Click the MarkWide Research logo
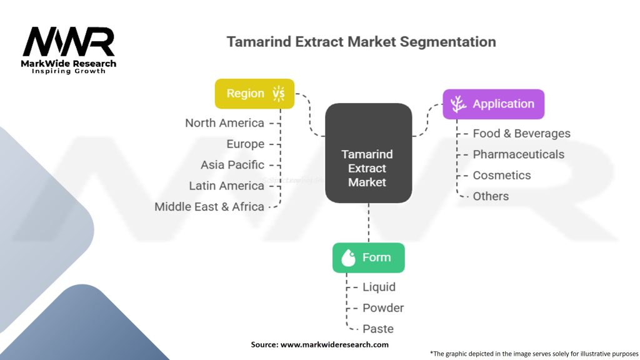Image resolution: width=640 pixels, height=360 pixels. tap(69, 49)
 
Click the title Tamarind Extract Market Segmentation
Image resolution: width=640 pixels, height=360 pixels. tap(361, 42)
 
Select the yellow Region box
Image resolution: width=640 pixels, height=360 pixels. tap(254, 94)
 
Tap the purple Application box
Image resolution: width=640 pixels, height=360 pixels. tap(493, 104)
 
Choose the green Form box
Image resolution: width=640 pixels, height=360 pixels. tap(368, 257)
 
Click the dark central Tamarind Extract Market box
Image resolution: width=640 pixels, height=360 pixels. tap(368, 154)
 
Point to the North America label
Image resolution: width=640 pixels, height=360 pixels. tap(224, 123)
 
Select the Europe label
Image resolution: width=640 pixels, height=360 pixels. tap(245, 144)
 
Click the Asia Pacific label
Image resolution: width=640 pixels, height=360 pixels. tap(232, 165)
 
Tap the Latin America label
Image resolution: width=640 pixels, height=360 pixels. tap(226, 186)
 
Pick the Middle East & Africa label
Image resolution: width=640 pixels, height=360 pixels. tap(209, 206)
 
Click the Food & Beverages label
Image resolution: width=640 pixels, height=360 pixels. tap(521, 133)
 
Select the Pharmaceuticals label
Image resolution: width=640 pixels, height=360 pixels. tap(518, 154)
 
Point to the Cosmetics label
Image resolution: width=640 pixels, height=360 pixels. tap(501, 176)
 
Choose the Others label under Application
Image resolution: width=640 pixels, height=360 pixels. tap(491, 196)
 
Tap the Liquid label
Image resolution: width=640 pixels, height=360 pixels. tap(379, 287)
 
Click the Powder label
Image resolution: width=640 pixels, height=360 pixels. tap(383, 308)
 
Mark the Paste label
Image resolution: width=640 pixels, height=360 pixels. tap(378, 329)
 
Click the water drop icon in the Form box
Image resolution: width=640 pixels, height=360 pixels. tap(348, 258)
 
